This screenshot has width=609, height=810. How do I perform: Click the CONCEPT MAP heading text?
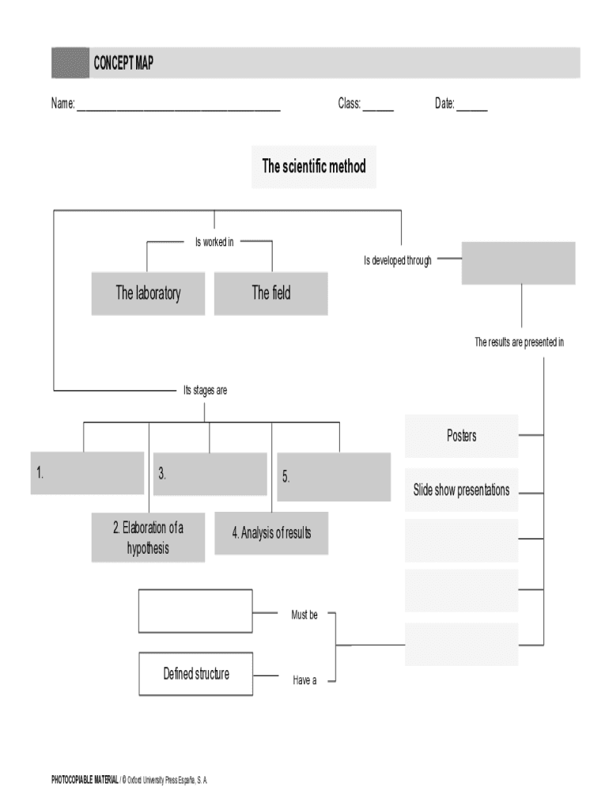point(123,63)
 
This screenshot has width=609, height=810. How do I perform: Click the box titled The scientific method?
point(314,167)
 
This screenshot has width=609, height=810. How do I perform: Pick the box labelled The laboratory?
point(148,293)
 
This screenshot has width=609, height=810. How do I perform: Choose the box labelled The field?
point(271,293)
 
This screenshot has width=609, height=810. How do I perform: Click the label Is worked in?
point(214,242)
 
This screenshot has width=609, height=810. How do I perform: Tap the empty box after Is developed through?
point(518,263)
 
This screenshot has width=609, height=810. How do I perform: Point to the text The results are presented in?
point(519,343)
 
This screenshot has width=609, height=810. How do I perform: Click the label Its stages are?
point(205,390)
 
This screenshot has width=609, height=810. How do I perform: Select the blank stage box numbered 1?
point(87,473)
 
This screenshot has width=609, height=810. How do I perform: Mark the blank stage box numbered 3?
point(210,474)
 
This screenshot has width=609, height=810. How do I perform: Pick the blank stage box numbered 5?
point(333,477)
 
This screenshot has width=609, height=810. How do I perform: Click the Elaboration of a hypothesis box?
point(148,538)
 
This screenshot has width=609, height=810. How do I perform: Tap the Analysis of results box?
point(271,533)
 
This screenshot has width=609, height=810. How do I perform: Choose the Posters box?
point(461,436)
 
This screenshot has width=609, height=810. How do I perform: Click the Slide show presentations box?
point(461,490)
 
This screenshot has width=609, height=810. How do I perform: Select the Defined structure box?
point(196,674)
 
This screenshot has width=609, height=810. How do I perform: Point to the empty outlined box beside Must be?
point(195,611)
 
